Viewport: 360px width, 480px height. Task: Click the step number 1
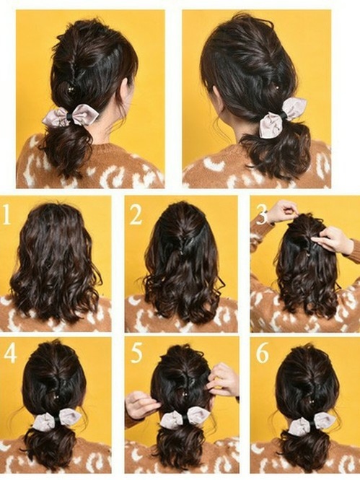coord(6,215)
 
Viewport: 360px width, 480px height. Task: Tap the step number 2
coord(135,214)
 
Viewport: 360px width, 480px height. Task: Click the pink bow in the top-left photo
coord(70,115)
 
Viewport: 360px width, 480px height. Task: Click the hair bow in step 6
coord(311,423)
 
